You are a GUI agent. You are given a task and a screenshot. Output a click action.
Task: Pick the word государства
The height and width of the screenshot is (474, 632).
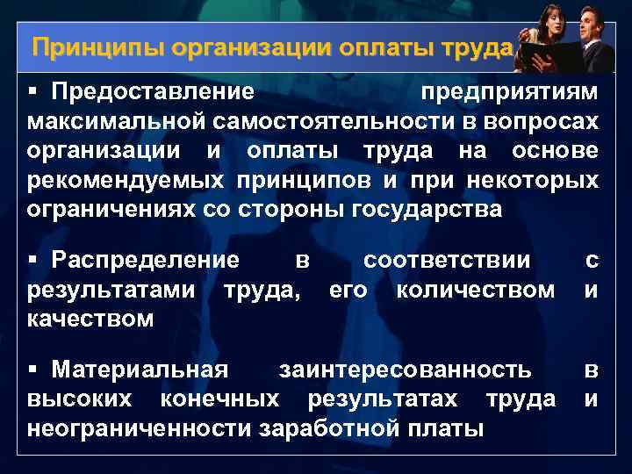click(x=427, y=210)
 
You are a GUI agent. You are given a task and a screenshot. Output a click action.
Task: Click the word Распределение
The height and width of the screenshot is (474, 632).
click(x=145, y=260)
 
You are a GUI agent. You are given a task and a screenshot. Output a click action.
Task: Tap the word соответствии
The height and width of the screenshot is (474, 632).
click(x=447, y=260)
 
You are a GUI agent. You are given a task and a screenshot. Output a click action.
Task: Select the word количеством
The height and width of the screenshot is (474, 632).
click(x=475, y=288)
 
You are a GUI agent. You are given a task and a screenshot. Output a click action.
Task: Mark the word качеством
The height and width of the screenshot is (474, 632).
click(x=90, y=320)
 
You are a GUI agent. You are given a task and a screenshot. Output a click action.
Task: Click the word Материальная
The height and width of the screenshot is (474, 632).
click(x=140, y=370)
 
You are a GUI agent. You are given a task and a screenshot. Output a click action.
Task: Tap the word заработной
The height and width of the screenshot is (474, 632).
click(x=332, y=429)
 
